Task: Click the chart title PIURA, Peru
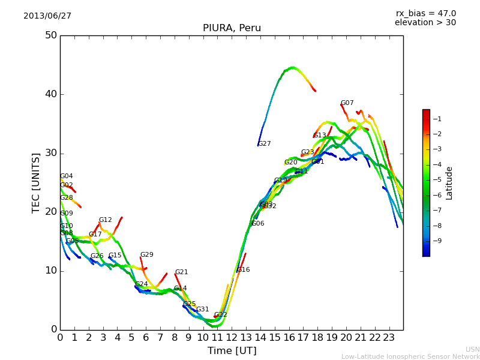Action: click(232, 28)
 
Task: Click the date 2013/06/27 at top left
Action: click(47, 16)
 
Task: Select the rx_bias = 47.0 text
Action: click(425, 13)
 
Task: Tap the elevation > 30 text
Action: click(425, 23)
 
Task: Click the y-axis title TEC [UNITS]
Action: click(37, 182)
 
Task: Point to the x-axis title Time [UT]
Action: click(232, 351)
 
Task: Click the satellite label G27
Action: click(265, 144)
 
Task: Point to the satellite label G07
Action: click(347, 103)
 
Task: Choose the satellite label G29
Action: click(147, 255)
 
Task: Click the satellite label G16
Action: click(244, 270)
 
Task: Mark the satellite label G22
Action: click(221, 315)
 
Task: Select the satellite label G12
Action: click(106, 220)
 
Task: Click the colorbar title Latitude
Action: click(449, 183)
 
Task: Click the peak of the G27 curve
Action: click(292, 67)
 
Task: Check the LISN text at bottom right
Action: click(473, 349)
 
